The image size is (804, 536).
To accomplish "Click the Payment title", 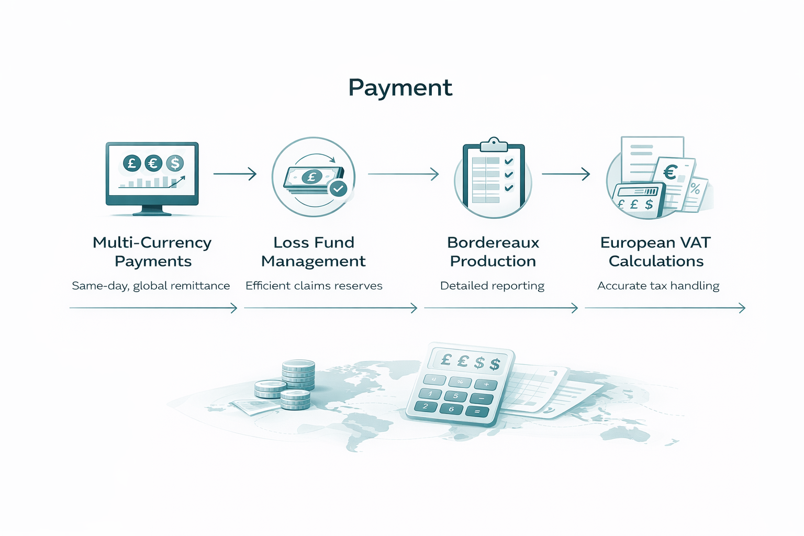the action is click(x=400, y=87).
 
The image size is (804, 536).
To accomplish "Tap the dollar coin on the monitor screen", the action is click(x=175, y=163).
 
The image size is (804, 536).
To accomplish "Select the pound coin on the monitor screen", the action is click(x=132, y=163).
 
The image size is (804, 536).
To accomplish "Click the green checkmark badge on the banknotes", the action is click(x=338, y=188).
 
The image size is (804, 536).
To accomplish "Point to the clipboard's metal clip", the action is click(x=494, y=143).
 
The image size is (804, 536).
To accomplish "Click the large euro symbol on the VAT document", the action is click(x=671, y=172).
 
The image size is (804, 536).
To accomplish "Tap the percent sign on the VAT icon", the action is click(x=695, y=188).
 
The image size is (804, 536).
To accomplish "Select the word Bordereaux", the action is click(x=493, y=242).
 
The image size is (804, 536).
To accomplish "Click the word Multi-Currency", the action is click(x=152, y=242).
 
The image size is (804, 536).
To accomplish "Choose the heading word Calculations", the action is click(x=656, y=261).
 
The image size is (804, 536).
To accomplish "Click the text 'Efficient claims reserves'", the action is click(x=314, y=286).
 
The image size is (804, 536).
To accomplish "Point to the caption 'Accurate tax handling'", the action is click(x=658, y=286).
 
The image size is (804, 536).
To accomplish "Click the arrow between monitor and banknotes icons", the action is click(x=235, y=174).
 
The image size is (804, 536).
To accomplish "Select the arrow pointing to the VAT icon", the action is click(x=566, y=174).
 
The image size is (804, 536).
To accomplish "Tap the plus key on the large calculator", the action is click(x=486, y=385).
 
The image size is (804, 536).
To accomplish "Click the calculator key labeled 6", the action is click(x=451, y=409).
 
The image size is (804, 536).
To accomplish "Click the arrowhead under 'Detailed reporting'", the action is click(x=574, y=308).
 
